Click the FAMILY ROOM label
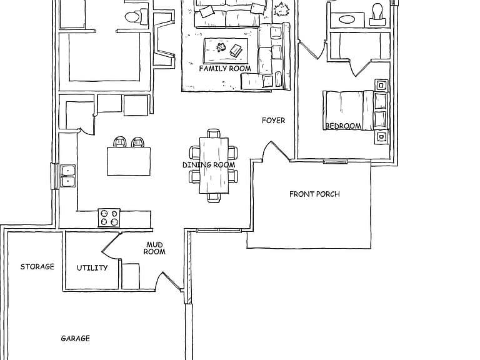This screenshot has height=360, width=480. (225, 69)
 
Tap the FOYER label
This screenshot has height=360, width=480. (273, 121)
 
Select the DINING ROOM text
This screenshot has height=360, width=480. (209, 165)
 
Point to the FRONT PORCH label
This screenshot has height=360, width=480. (314, 194)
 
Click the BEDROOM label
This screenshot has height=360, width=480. (343, 126)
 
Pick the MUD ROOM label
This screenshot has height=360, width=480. (154, 248)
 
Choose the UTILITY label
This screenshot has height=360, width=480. (92, 268)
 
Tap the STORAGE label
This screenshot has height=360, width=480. (37, 267)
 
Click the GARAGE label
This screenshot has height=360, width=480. (75, 338)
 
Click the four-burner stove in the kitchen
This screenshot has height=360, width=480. (109, 217)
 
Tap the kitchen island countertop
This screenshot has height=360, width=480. (129, 161)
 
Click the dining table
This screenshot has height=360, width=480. (214, 166)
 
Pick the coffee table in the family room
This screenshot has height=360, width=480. (226, 51)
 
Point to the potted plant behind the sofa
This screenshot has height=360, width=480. (281, 9)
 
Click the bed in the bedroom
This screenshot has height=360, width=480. (348, 110)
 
